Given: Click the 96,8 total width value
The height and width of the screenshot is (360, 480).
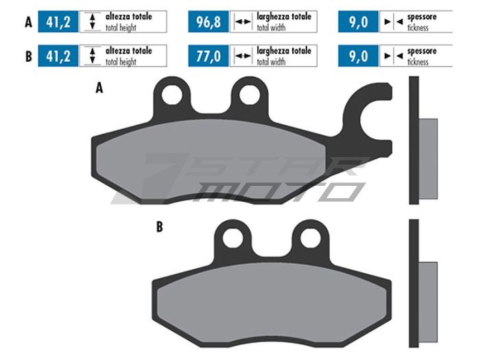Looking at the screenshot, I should (208, 22).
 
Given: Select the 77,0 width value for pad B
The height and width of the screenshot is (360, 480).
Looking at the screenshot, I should (208, 56).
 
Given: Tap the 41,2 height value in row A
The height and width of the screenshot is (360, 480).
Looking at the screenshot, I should (58, 22).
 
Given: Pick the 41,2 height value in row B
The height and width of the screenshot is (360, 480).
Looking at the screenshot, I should (58, 56).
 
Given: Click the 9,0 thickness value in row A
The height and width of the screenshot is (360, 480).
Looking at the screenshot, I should (359, 22).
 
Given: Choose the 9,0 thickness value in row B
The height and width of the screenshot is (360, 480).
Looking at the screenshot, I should (359, 56).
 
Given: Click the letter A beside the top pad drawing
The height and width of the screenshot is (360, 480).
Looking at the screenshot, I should (99, 88).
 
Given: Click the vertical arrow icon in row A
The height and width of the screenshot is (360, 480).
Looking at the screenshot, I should (91, 22).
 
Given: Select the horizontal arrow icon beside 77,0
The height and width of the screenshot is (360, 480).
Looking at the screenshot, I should (243, 56).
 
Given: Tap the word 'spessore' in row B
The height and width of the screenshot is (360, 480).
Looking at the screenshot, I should (422, 51).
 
